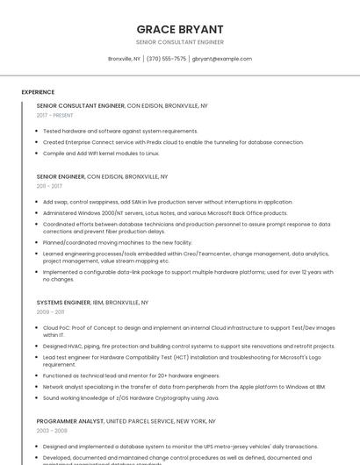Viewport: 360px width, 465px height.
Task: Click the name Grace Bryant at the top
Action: click(180, 29)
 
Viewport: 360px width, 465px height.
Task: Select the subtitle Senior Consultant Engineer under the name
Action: click(180, 42)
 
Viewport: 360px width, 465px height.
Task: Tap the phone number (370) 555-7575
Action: click(166, 59)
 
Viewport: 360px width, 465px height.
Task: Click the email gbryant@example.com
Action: click(221, 59)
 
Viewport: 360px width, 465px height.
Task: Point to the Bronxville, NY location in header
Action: click(124, 59)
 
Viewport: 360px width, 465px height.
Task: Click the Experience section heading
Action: click(38, 91)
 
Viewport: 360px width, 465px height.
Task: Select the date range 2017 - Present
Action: click(55, 115)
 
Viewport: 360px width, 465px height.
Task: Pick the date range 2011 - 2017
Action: click(49, 186)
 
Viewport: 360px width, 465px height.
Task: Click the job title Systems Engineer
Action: click(64, 302)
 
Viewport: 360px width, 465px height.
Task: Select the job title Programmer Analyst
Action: click(69, 421)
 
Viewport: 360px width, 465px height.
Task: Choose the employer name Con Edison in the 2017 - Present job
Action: click(148, 105)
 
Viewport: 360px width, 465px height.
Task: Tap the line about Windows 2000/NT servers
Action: click(165, 212)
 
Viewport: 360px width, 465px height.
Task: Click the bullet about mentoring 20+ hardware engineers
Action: click(132, 376)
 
